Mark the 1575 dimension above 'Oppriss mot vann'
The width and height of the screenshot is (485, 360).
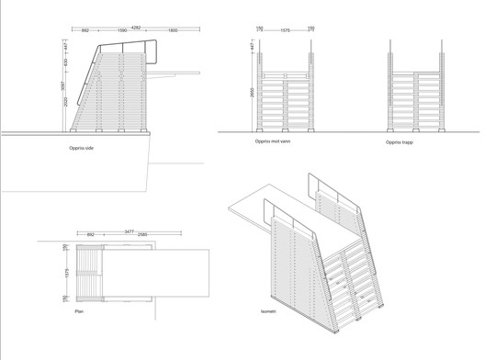286,29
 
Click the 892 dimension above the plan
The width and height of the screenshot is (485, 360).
90,237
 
